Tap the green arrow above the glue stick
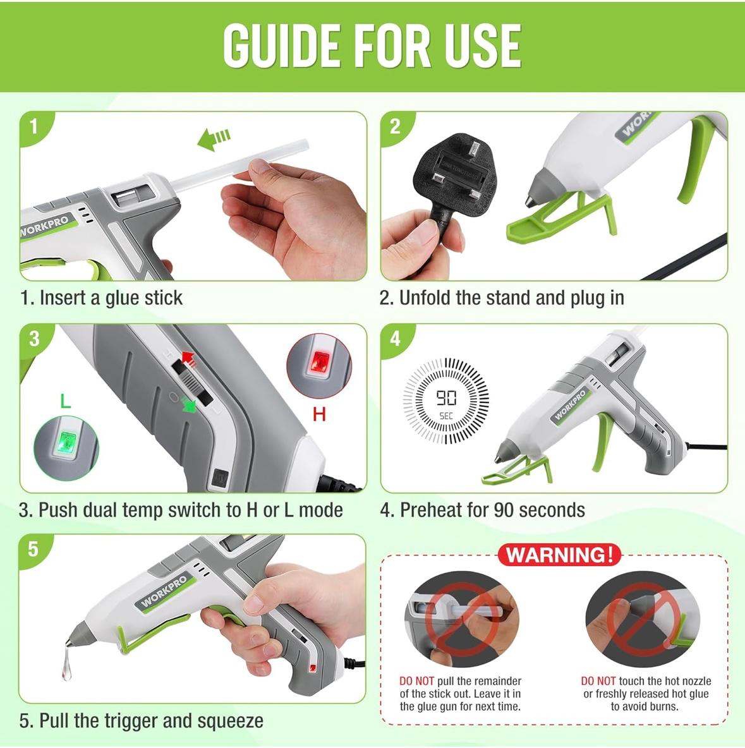tap(214, 139)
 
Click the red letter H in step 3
tap(319, 414)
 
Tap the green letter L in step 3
tap(65, 401)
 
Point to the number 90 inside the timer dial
tap(446, 397)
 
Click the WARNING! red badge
tap(560, 555)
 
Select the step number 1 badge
tap(33, 126)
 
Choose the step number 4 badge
tap(395, 338)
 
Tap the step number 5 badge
tap(33, 549)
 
